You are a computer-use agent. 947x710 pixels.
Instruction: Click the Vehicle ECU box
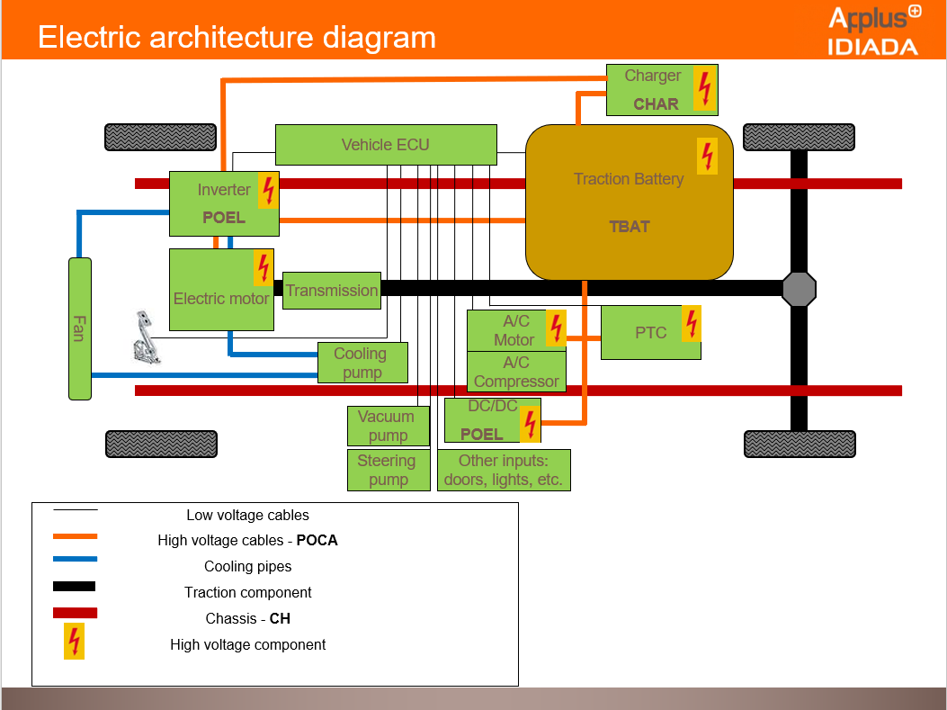point(386,145)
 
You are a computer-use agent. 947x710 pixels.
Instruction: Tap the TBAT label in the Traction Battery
point(629,227)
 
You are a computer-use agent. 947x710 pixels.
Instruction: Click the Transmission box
point(332,291)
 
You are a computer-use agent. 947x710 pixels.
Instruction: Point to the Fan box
point(80,328)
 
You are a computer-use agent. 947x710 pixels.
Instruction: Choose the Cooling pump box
point(362,363)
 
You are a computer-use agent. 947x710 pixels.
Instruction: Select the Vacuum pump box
point(388,426)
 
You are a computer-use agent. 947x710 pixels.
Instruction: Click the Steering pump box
point(388,470)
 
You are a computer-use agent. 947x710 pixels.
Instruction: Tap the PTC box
point(650,333)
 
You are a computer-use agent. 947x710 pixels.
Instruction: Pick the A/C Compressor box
point(516,372)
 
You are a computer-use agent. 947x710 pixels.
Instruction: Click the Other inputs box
point(504,470)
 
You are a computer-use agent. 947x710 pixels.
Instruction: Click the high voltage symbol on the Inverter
point(268,191)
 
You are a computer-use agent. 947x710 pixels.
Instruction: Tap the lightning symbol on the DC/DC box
point(531,423)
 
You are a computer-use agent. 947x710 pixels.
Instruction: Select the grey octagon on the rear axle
point(799,289)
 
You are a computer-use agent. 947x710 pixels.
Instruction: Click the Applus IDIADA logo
point(873,31)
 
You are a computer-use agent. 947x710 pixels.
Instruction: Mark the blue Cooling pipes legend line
point(75,559)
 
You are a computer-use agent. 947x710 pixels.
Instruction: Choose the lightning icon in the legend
point(75,642)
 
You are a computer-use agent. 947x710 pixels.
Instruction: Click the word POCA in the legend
point(317,541)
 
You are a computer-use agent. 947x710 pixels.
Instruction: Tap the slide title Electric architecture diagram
point(237,38)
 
